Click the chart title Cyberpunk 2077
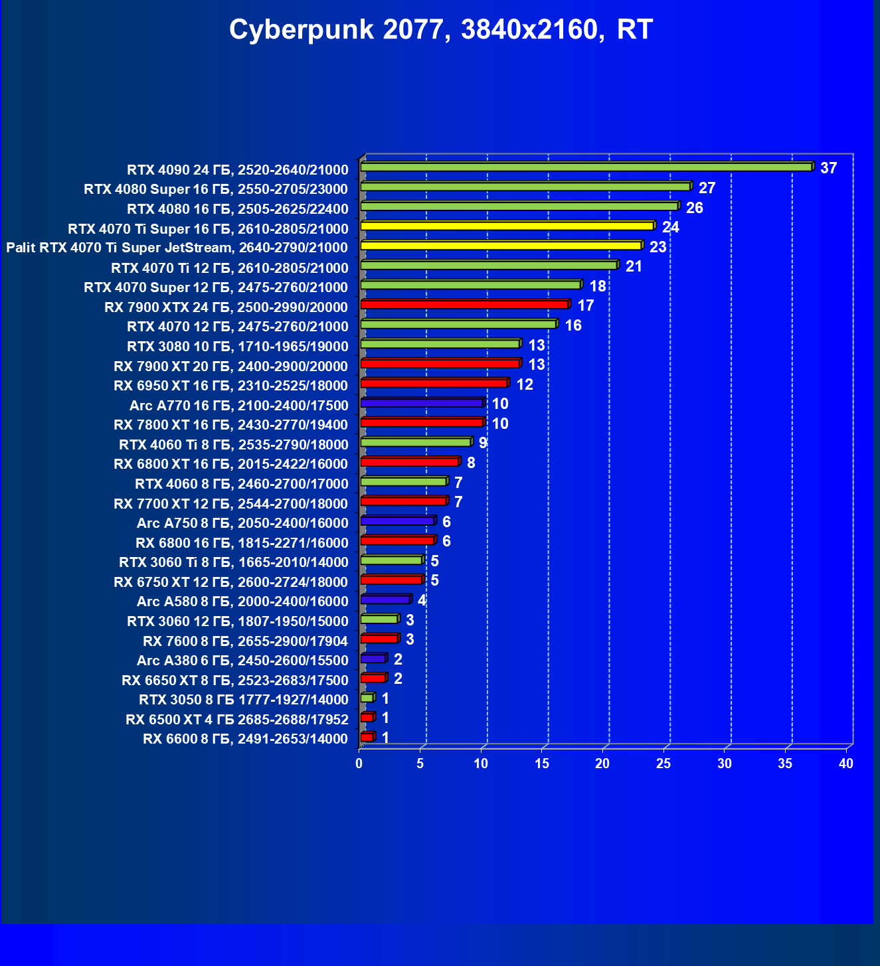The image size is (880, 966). tap(441, 30)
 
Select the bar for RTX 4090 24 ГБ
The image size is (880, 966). tap(586, 167)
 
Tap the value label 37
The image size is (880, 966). tap(828, 168)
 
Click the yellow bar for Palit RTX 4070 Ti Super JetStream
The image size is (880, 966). tap(501, 246)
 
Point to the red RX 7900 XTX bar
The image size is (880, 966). tap(464, 305)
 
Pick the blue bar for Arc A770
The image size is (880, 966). tap(422, 403)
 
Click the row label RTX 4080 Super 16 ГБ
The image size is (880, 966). tap(216, 189)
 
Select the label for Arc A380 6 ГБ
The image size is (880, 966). tap(242, 661)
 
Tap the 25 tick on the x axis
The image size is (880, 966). tap(663, 764)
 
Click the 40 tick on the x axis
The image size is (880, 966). tap(845, 764)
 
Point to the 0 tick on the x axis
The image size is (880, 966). tap(359, 764)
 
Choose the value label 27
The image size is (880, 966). tap(707, 188)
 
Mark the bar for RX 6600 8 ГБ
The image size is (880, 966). tap(367, 738)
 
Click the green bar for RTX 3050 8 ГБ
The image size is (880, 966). tap(367, 698)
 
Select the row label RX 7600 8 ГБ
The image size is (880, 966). tap(245, 641)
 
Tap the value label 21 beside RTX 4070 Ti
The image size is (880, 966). tap(634, 266)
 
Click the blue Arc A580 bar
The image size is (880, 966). tap(385, 600)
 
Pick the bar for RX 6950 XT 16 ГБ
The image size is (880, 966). tap(434, 384)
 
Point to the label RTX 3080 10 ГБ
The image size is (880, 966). tap(237, 347)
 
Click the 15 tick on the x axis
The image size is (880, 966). tap(542, 764)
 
